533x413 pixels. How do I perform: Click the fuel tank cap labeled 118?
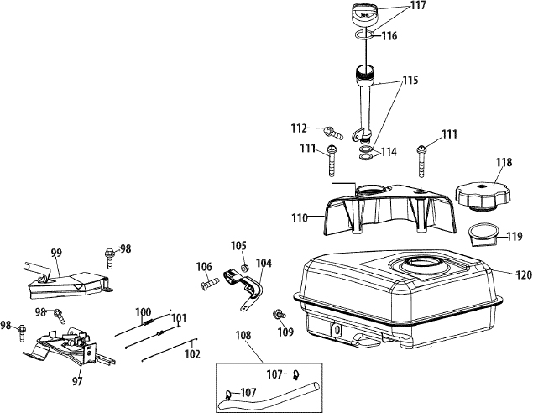[x=483, y=196]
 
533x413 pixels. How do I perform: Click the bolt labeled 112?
[x=334, y=133]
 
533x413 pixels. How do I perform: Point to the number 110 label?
[x=299, y=218]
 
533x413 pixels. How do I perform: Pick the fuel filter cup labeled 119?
[x=483, y=234]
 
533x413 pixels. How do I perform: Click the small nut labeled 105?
[x=243, y=269]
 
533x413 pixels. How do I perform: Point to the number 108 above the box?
[x=243, y=336]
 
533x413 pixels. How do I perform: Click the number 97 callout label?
[x=77, y=381]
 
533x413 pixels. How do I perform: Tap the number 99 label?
[x=56, y=253]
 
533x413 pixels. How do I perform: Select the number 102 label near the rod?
[x=192, y=354]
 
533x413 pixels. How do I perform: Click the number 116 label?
[x=389, y=36]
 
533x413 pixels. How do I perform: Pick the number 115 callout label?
[x=410, y=81]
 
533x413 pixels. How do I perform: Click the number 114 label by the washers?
[x=388, y=152]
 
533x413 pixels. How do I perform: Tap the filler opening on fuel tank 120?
[x=421, y=263]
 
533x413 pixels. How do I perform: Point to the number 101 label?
[x=179, y=318]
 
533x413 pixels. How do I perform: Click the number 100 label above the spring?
[x=143, y=312]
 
